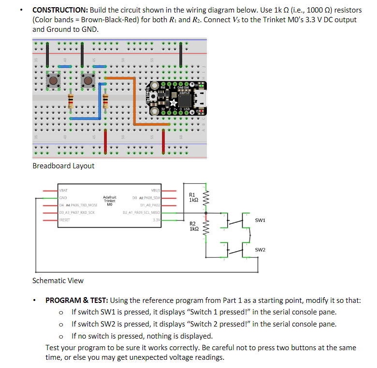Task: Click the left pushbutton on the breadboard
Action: coord(53,81)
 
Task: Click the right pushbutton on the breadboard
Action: coord(88,81)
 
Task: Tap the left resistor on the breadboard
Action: coord(71,101)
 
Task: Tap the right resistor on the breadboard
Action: coord(106,101)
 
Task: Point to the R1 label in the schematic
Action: coord(192,194)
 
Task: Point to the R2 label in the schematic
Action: coord(192,224)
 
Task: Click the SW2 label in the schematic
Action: coord(260,250)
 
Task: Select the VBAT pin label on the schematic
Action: coord(64,191)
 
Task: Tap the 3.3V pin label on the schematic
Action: coord(156,219)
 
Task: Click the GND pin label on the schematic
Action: coord(63,198)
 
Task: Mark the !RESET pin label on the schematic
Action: coord(64,219)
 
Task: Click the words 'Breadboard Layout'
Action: coord(63,166)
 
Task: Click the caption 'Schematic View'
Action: coord(58,280)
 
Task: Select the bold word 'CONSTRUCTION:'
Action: coord(57,10)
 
